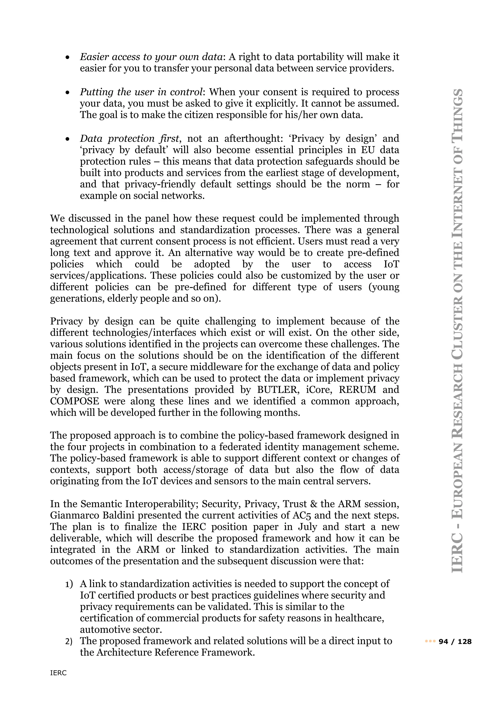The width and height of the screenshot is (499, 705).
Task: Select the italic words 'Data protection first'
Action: pos(129,139)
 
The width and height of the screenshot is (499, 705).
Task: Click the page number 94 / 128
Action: pos(455,641)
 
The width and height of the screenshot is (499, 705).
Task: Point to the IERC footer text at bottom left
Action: pos(58,673)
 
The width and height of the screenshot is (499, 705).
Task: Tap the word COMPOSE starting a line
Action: pos(75,401)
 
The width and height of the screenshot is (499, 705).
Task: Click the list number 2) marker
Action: pos(69,642)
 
